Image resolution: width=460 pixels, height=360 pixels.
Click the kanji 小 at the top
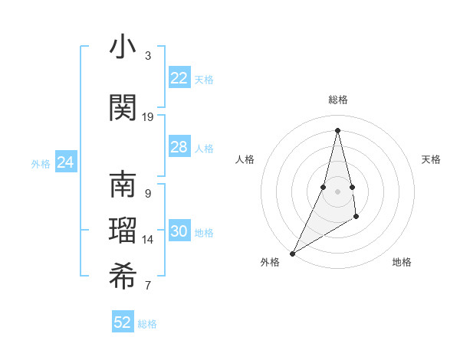tap(123, 47)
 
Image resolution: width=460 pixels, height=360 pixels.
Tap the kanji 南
tap(123, 185)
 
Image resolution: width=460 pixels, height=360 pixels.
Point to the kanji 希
tap(123, 277)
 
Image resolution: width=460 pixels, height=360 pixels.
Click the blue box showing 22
tap(179, 78)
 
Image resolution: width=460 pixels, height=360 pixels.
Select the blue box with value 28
tap(179, 147)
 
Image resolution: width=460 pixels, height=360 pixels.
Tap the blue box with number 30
tap(179, 231)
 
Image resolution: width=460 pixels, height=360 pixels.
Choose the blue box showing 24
tap(66, 162)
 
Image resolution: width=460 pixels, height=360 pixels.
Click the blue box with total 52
tap(123, 322)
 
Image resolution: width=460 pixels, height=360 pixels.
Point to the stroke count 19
tap(148, 117)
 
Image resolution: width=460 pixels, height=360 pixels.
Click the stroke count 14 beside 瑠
tap(148, 240)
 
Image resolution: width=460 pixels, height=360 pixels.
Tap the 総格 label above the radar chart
tap(338, 100)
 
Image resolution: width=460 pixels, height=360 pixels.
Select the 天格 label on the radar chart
tap(432, 159)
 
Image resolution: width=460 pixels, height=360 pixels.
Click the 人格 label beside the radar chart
tap(245, 159)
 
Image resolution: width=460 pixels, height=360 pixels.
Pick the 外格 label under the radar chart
tap(270, 262)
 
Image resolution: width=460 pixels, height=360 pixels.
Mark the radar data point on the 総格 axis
tap(337, 130)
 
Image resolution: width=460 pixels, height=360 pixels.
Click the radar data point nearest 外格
tap(292, 252)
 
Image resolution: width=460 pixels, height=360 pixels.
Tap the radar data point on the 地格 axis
tap(356, 218)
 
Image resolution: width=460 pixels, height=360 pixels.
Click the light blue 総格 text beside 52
tap(147, 324)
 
